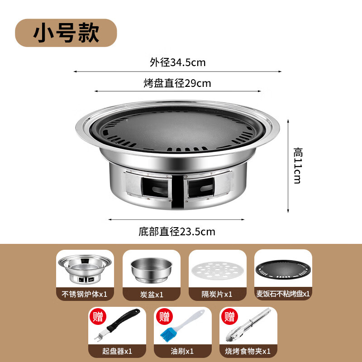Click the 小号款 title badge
click(x=66, y=33)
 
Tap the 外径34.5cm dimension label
click(x=177, y=62)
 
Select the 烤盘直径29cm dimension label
click(x=177, y=83)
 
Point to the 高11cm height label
click(x=297, y=165)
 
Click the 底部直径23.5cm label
click(x=177, y=232)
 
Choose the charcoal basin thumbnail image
click(x=151, y=269)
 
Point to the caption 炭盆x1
click(x=152, y=294)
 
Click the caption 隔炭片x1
click(x=218, y=294)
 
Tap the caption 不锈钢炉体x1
click(x=85, y=294)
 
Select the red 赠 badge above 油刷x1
click(x=164, y=316)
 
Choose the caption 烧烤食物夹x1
click(x=248, y=351)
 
